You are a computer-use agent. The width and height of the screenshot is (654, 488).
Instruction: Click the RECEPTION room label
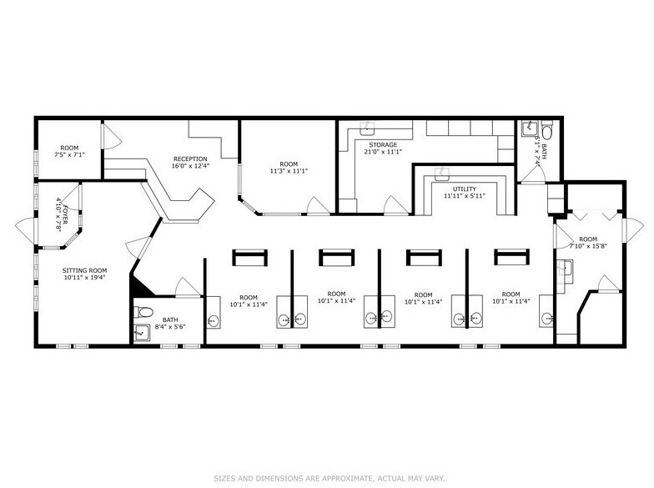[190, 158]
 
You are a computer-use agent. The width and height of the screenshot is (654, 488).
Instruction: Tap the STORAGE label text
[383, 144]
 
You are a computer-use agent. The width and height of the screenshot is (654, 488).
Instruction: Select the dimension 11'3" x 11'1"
[289, 171]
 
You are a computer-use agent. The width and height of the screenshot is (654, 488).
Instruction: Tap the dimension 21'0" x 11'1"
[383, 152]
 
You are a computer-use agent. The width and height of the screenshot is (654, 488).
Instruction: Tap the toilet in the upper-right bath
[546, 131]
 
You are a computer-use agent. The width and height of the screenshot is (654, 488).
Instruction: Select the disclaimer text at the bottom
[326, 477]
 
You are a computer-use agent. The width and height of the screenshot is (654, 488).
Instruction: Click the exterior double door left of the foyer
[24, 226]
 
